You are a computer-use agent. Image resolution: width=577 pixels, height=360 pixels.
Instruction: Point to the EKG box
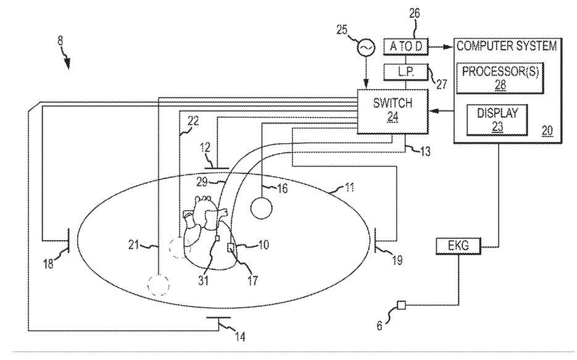(459, 246)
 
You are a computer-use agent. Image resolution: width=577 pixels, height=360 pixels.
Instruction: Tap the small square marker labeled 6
(402, 304)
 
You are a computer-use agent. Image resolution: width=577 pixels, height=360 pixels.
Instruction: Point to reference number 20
(546, 130)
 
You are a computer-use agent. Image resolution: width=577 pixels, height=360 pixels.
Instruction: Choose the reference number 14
(240, 337)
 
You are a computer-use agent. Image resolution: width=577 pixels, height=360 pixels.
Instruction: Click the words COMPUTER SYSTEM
(506, 46)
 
